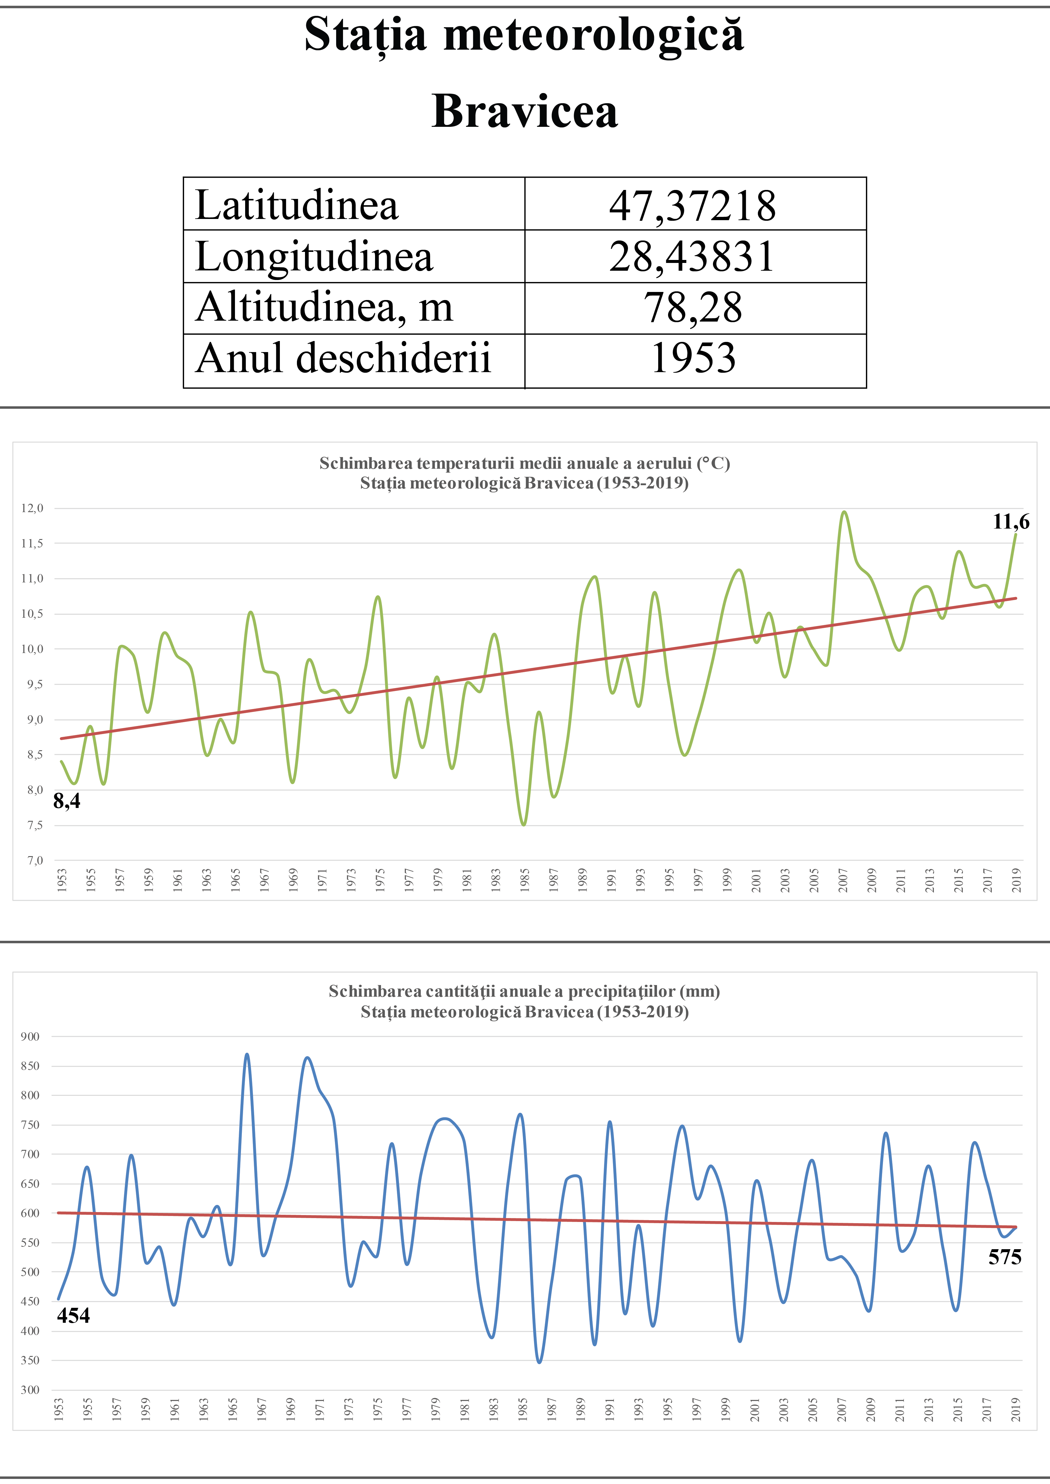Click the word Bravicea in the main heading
(524, 111)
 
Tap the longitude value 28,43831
(692, 257)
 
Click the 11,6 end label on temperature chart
(1010, 522)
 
